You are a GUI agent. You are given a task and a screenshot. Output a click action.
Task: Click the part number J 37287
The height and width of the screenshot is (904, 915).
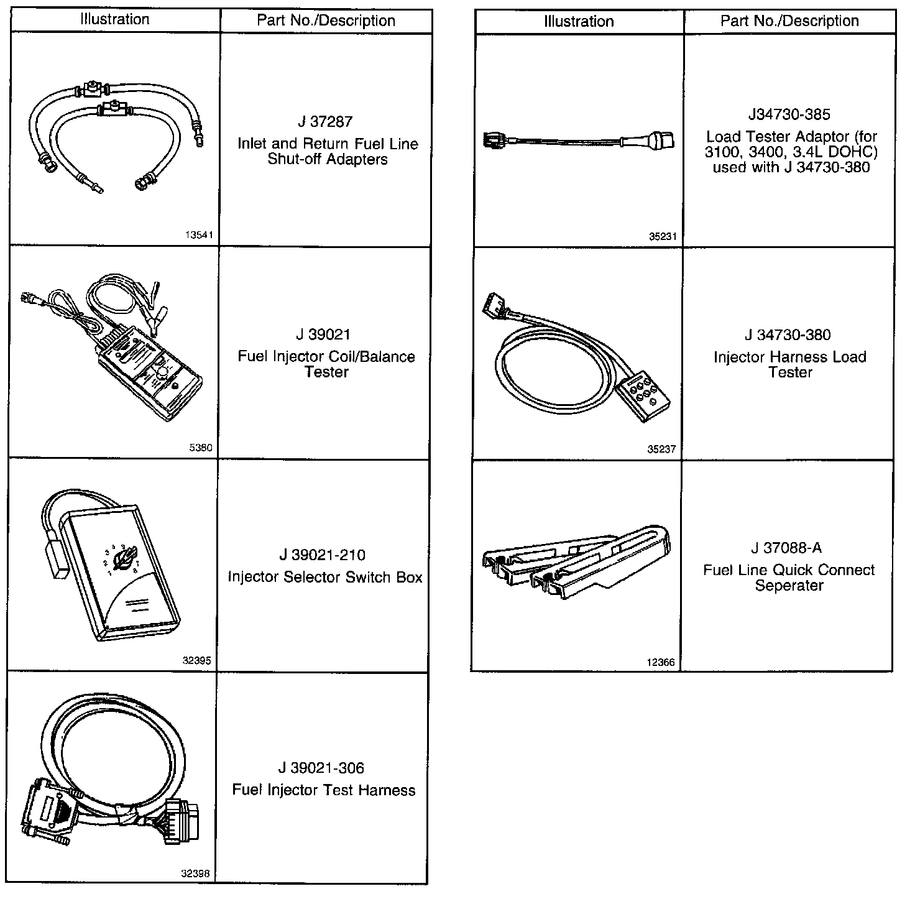(326, 122)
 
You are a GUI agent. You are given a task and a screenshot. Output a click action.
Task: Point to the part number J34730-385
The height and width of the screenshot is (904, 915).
(789, 114)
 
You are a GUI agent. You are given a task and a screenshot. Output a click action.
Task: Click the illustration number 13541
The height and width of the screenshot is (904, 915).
(199, 236)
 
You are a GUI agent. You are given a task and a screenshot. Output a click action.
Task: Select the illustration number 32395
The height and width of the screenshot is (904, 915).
(196, 661)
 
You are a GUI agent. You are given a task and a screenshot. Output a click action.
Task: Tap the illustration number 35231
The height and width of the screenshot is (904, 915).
(662, 236)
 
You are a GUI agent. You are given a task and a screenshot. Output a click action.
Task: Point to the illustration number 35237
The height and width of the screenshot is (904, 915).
(661, 449)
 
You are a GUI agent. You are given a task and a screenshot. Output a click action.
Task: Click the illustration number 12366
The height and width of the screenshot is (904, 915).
(660, 662)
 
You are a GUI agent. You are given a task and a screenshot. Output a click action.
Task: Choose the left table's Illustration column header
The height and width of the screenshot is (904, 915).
(115, 19)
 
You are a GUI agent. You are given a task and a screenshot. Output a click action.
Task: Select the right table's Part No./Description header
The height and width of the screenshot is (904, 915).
(789, 21)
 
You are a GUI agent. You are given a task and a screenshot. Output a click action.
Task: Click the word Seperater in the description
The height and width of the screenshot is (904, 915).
(789, 586)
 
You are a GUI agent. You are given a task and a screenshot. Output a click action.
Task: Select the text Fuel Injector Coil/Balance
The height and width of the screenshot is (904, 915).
(326, 357)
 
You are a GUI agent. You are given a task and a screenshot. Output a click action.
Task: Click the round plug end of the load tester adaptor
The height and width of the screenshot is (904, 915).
(659, 140)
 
